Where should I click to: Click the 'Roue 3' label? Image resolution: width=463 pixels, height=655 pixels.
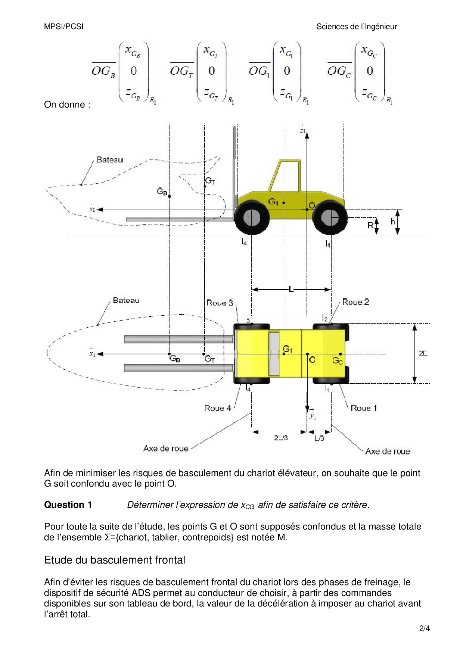coord(220,303)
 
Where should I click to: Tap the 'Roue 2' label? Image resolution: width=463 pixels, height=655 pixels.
coord(355,302)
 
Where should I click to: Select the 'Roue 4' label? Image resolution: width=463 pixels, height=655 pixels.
coord(218,408)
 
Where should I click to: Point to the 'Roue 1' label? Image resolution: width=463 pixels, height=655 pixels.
coord(364,408)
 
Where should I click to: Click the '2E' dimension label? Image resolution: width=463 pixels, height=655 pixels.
coord(423,353)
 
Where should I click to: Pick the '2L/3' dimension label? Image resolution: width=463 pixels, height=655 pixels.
coord(281,438)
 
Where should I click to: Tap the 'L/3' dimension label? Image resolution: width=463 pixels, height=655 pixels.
coord(319,438)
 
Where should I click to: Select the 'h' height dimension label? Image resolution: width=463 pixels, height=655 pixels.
coord(393,222)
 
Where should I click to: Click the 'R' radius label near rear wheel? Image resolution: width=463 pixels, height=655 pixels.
coord(370,225)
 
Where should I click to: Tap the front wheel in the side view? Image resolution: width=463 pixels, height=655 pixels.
coord(252,217)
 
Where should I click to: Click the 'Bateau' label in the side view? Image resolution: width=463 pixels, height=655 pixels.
coord(110,160)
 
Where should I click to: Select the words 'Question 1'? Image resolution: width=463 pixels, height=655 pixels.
coord(68,505)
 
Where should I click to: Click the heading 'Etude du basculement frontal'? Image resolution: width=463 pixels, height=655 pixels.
coord(115,560)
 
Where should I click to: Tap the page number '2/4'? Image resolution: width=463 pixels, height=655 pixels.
coord(425,628)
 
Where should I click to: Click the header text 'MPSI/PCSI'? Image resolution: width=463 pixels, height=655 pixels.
coord(64,27)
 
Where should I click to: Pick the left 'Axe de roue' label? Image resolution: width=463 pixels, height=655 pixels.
coord(166,448)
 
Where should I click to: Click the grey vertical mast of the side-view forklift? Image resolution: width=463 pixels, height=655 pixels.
coord(235,168)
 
